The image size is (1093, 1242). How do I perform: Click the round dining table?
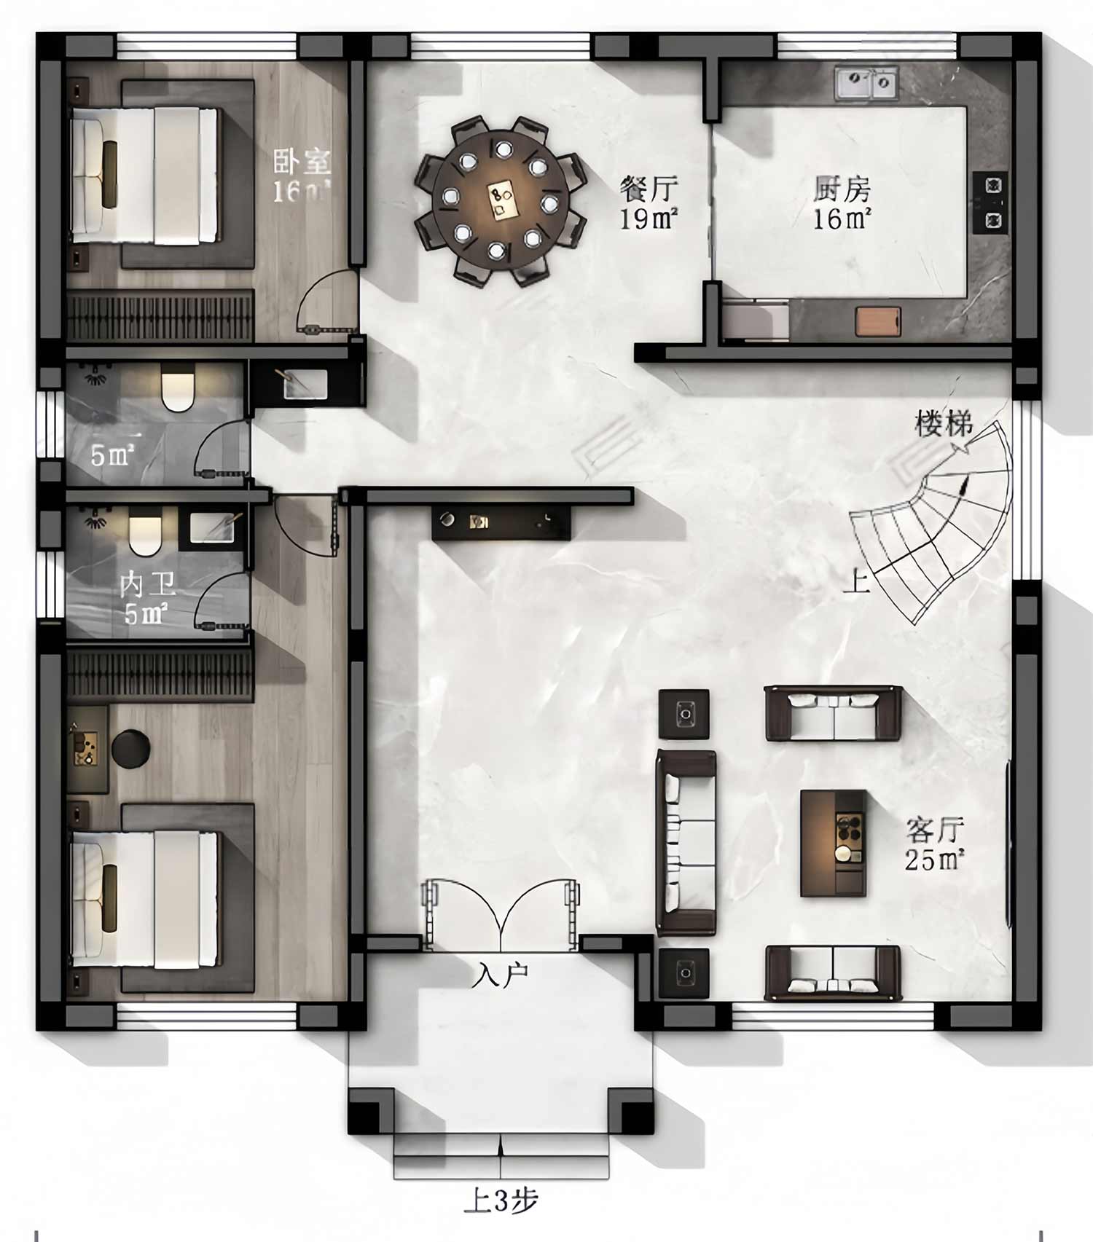(500, 200)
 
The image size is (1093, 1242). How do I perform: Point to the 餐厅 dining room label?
(649, 188)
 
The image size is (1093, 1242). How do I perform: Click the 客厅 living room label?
(935, 829)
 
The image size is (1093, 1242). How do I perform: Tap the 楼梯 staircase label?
(944, 423)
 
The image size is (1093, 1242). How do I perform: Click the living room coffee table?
(834, 843)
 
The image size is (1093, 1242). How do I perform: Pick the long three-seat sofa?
(686, 842)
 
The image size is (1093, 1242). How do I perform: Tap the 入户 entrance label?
(500, 975)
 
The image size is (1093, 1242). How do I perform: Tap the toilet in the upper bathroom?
(178, 390)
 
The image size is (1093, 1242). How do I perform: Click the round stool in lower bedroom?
(131, 748)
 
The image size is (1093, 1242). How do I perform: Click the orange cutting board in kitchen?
(878, 321)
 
